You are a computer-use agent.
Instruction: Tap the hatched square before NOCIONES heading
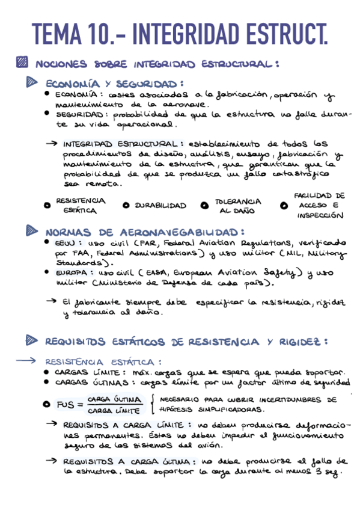point(23,62)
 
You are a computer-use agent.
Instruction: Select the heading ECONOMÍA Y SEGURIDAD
point(114,84)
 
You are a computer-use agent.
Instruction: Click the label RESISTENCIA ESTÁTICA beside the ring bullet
point(79,206)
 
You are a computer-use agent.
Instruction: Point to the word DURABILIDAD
point(160,206)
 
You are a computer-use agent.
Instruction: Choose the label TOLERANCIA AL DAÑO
point(238,206)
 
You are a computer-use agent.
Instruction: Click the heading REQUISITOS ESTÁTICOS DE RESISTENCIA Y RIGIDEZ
point(186,342)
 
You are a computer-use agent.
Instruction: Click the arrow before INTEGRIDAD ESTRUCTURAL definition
point(52,144)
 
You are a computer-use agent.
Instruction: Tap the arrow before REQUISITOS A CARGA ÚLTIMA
point(52,461)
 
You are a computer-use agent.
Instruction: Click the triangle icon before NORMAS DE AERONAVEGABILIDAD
point(32,230)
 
